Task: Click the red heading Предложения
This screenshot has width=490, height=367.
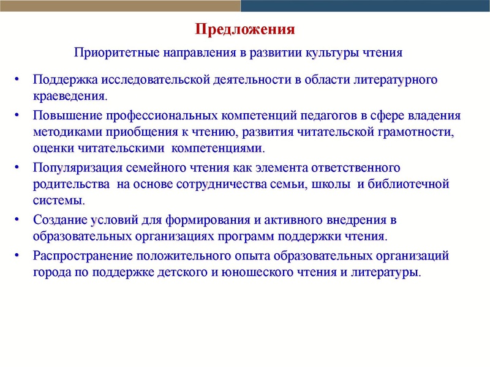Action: tap(245, 29)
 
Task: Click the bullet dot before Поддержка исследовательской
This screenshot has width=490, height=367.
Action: tap(18, 80)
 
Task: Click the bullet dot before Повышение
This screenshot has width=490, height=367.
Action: tap(18, 115)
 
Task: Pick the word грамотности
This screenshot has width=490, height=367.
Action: tap(401, 132)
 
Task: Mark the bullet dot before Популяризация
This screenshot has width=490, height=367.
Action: tap(18, 167)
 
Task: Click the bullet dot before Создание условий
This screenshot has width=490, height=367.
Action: tap(18, 219)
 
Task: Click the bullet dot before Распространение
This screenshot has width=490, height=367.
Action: tap(18, 254)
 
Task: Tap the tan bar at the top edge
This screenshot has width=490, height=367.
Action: tap(119, 6)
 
